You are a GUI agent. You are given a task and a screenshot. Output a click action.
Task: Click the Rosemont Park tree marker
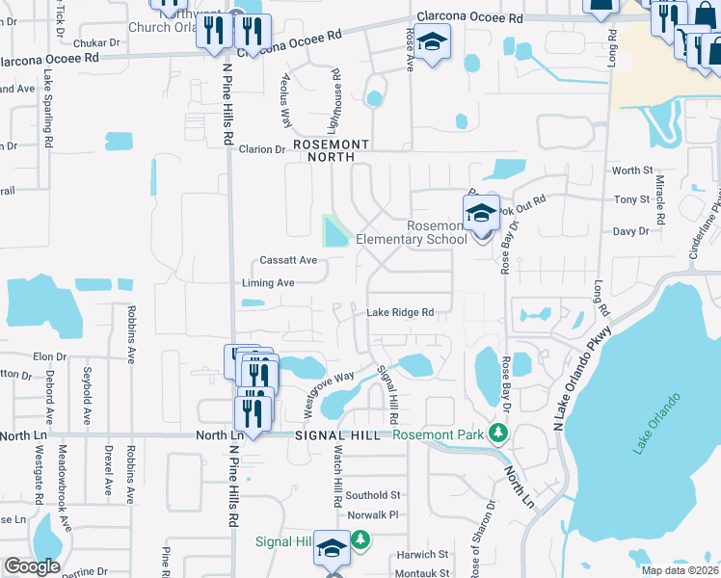pos(498,433)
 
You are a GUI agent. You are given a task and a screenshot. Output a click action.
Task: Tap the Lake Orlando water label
pos(657,423)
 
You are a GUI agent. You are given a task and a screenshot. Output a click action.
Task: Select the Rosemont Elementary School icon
pos(481,215)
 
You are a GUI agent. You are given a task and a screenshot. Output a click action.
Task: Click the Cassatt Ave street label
pos(288,261)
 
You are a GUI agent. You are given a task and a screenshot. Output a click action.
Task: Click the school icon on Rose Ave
pos(433,43)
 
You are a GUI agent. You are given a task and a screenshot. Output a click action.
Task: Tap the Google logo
pos(32,565)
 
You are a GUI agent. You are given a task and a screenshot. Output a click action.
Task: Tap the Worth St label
pos(632,171)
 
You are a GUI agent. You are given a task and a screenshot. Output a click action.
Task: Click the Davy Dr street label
pos(631,231)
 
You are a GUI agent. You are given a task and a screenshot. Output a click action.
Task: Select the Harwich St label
pos(424,555)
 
